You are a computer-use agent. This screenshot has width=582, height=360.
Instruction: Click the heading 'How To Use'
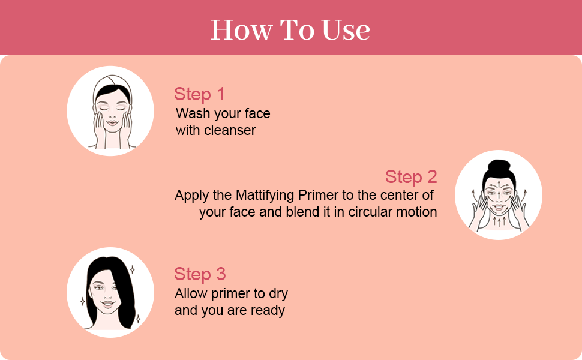click(290, 30)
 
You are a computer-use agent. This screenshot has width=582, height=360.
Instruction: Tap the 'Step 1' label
click(199, 94)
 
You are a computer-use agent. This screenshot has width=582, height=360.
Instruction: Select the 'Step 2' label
click(411, 177)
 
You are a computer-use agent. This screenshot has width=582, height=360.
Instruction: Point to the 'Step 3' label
click(200, 274)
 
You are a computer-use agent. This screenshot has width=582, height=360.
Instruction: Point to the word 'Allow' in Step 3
click(190, 294)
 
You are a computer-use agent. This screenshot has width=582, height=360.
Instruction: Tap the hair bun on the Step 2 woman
click(498, 166)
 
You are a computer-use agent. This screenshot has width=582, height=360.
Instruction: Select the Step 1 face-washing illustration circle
click(110, 111)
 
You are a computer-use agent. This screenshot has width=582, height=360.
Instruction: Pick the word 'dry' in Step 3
click(277, 294)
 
